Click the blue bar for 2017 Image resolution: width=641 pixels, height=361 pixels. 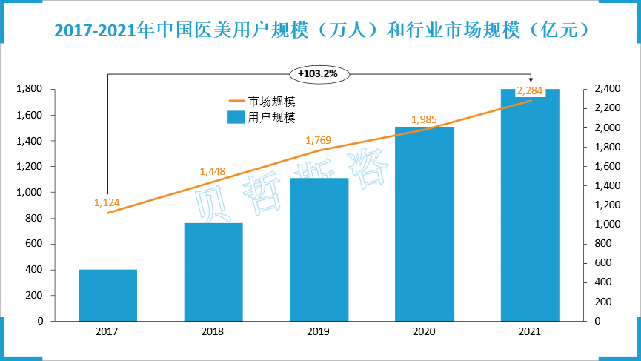coord(107,295)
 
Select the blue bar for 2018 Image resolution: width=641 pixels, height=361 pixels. coord(213,272)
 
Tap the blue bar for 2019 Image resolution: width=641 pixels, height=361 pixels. coord(319,250)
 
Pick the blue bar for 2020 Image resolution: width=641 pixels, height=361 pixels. coord(425,224)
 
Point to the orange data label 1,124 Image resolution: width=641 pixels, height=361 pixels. coord(107,202)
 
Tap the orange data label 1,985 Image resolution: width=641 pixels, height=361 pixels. coord(424,119)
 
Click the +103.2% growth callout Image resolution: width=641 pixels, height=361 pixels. coord(318,73)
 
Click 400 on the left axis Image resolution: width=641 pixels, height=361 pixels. coord(35,270)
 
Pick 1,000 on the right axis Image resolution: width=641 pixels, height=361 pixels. coord(606,225)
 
